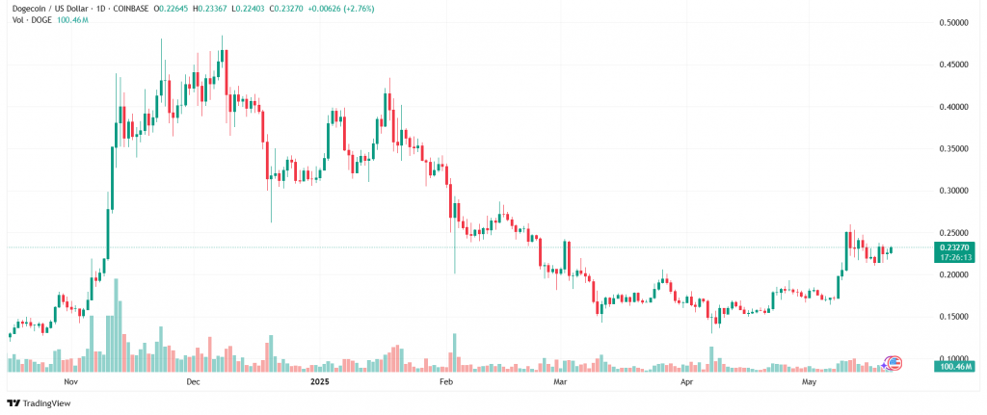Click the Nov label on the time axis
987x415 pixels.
tap(68, 382)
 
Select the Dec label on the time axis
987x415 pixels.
tap(192, 382)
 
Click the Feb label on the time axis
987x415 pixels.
tap(446, 382)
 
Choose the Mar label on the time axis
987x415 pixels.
tap(559, 382)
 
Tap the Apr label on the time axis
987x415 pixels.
tap(686, 382)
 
